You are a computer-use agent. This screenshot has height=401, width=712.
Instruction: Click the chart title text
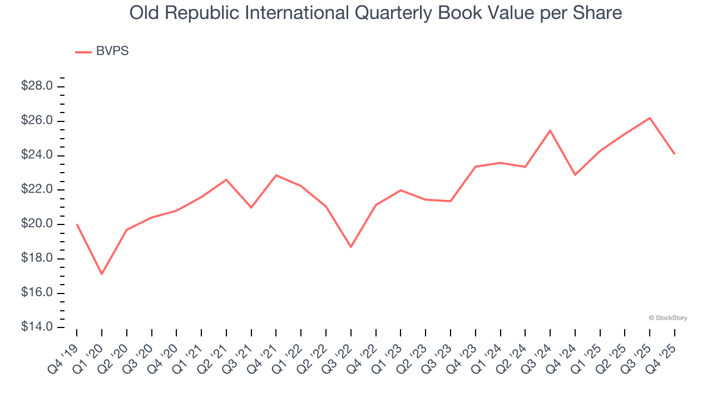(375, 13)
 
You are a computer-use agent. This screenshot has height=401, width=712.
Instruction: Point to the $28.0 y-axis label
(37, 86)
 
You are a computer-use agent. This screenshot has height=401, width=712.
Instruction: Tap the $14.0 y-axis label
(37, 327)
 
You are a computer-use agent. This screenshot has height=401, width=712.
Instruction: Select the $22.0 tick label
(37, 190)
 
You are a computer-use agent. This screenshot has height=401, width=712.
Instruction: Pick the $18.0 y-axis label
(37, 258)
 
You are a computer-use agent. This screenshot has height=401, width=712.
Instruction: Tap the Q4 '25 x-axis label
(664, 351)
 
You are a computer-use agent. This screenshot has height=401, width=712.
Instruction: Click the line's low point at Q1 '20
(102, 274)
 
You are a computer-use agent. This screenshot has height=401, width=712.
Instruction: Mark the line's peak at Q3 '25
(650, 118)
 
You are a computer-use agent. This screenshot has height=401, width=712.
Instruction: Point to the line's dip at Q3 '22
(351, 247)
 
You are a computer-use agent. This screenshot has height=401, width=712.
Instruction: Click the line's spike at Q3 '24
(550, 130)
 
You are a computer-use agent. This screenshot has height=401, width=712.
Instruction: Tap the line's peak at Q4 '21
(276, 175)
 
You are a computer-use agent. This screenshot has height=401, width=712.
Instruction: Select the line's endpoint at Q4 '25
(674, 154)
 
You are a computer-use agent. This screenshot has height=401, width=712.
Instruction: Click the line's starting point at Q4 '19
(77, 224)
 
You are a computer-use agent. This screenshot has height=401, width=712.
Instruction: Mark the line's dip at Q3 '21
(251, 207)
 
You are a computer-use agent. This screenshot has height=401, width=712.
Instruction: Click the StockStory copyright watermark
(667, 318)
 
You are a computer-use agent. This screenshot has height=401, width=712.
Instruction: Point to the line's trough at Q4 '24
(575, 175)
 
